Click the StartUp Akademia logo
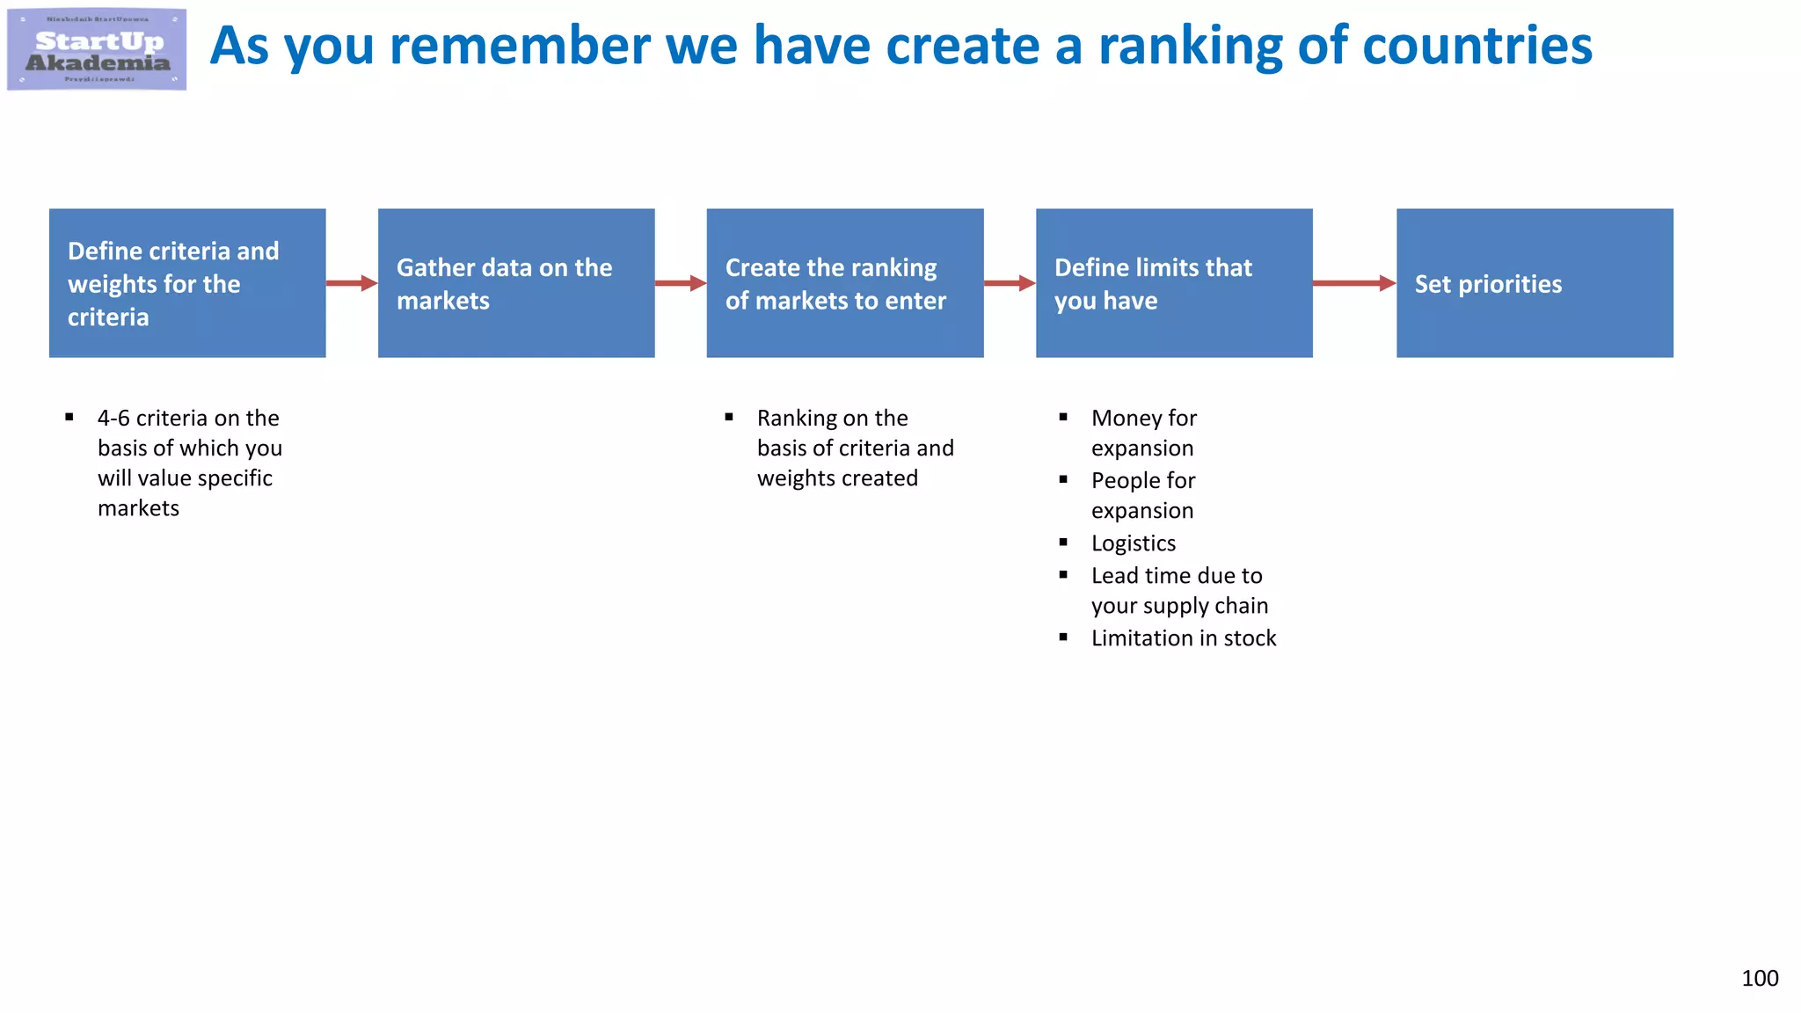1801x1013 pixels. coord(97,49)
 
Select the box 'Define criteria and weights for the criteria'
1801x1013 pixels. coord(187,283)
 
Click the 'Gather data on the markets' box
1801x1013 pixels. coord(516,283)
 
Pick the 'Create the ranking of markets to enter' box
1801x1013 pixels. coord(844,283)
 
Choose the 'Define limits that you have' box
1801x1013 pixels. coord(1174,283)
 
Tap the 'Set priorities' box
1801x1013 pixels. coord(1535,283)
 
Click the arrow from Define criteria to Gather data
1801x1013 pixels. coord(352,283)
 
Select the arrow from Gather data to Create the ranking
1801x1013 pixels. coord(681,283)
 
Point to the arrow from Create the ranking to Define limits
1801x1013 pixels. coord(1010,283)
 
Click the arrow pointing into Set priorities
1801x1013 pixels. coord(1354,283)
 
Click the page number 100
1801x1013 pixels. coord(1760,978)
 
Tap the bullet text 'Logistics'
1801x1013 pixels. coord(1133,543)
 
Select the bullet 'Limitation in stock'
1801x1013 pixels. coord(1183,638)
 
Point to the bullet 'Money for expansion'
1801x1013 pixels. coord(1143,433)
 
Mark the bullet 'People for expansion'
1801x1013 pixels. coord(1143,495)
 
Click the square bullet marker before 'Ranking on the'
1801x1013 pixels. coord(729,418)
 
